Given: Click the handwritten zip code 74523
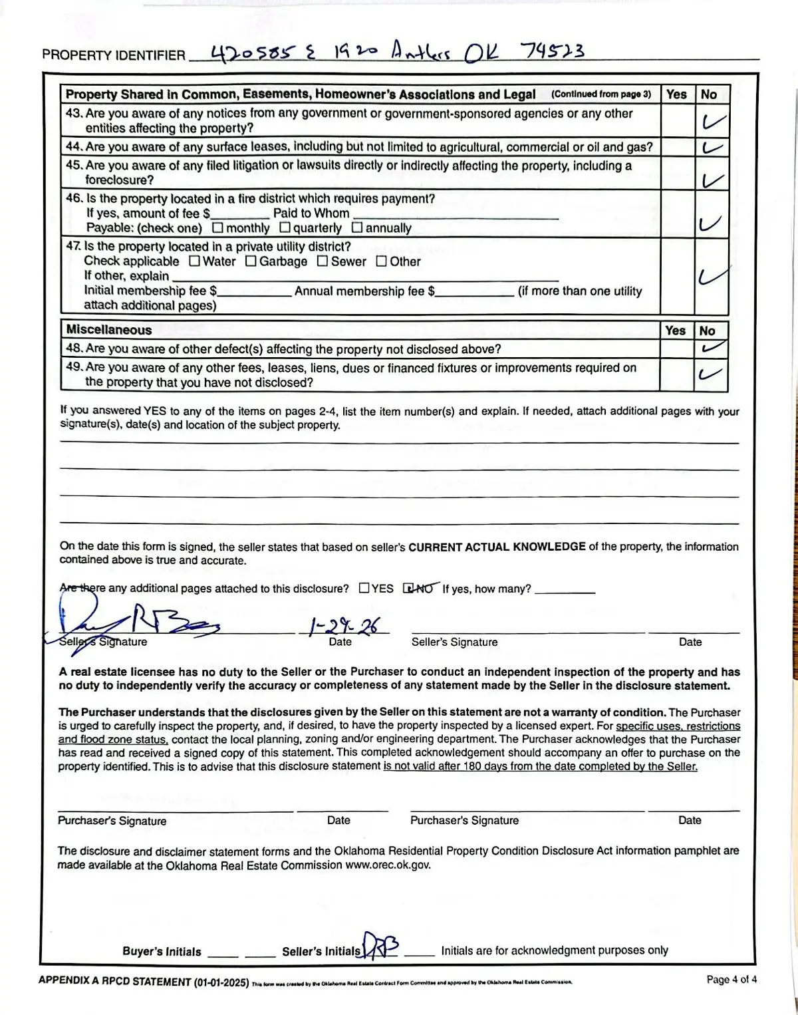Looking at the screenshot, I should point(553,51).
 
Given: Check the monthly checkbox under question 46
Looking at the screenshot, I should point(218,227).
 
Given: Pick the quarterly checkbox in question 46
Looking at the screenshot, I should point(285,227).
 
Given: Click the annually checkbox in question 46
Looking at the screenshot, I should point(357,227).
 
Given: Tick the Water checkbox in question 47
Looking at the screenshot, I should point(195,261).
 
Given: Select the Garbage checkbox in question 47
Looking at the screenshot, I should point(251,261).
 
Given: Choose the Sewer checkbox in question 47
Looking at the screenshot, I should point(323,261).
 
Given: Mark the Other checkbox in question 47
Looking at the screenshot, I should point(382,261).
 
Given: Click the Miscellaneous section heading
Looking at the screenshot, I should point(109,330).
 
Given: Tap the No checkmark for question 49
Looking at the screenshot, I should point(710,374).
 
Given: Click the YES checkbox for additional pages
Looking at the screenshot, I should point(364,588).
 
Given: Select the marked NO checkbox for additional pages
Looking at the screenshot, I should point(409,588).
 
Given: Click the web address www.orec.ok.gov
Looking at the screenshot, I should point(388,865).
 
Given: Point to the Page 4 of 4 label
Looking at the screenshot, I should point(731,979).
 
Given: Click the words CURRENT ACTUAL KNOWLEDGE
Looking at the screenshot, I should point(497,547).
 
